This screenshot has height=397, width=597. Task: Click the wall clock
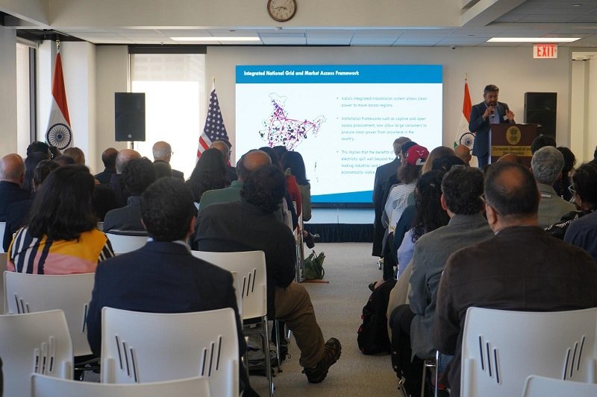[x=282, y=9]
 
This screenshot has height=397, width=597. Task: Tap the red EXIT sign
[x=545, y=51]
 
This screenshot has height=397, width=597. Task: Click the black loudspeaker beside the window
[x=130, y=116]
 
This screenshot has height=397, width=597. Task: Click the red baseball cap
[x=416, y=154]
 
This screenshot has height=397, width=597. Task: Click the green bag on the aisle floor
[x=315, y=266]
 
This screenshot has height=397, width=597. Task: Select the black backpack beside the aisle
[x=375, y=320]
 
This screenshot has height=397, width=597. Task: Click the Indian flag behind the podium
[x=466, y=119]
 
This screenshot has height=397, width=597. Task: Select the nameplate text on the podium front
[x=512, y=150]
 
